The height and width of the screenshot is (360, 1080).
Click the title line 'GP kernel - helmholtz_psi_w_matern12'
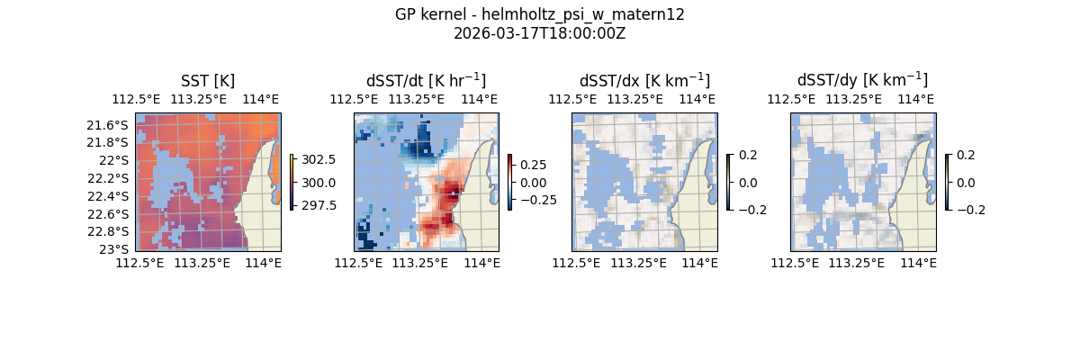click(539, 14)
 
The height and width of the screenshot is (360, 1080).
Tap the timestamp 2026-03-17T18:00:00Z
click(539, 33)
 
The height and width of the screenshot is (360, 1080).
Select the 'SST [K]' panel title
click(208, 81)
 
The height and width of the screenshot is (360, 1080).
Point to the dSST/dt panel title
click(426, 81)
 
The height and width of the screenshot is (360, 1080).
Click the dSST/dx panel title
click(644, 81)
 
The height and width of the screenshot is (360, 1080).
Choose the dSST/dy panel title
click(862, 81)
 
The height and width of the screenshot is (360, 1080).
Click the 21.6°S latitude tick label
click(112, 125)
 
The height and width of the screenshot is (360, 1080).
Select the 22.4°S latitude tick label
click(112, 196)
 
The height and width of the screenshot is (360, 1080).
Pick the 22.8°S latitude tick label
click(112, 231)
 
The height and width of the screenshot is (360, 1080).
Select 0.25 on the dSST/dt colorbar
click(534, 166)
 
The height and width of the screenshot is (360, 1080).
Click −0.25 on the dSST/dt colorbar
click(537, 200)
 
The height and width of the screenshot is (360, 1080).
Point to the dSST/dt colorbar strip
click(509, 182)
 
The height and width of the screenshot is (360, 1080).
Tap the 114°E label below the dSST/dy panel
click(919, 263)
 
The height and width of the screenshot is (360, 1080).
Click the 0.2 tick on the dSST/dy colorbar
click(965, 155)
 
